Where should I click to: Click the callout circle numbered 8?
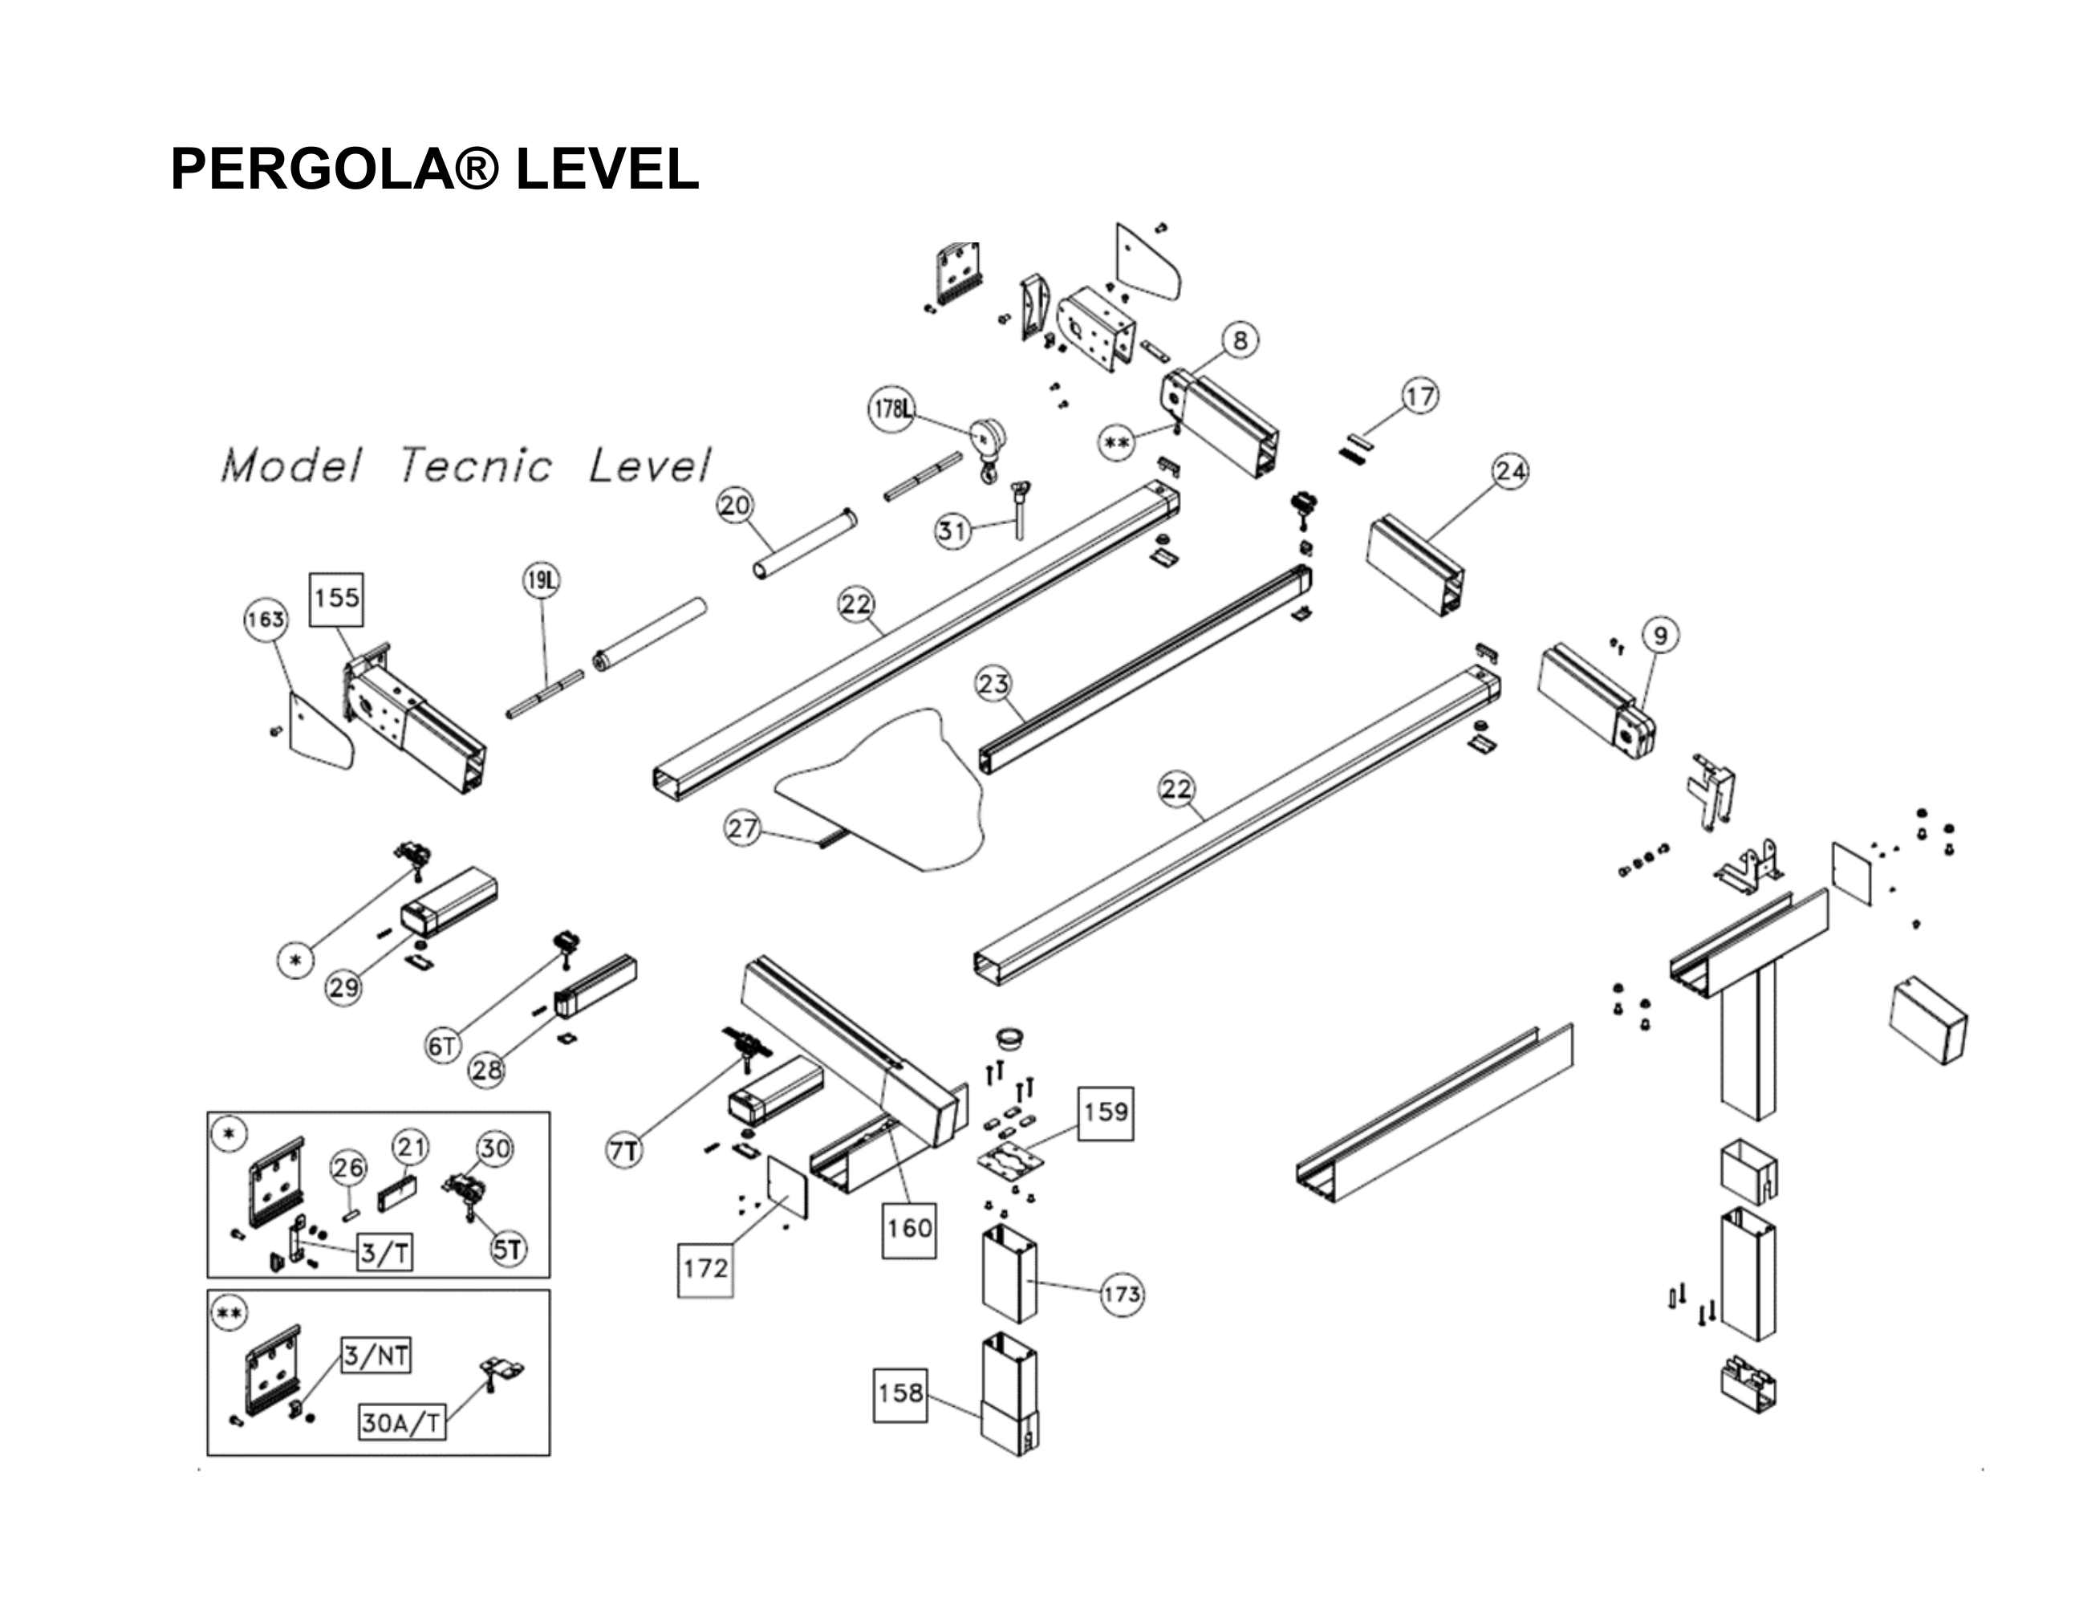(1240, 340)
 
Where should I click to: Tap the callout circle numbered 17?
(1419, 396)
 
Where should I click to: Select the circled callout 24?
(1510, 471)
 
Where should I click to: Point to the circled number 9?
(1660, 635)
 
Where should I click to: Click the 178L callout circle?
(891, 409)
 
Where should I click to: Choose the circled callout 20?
(734, 506)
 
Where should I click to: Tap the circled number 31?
(952, 531)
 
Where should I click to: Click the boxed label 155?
(337, 599)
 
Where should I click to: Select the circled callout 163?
(265, 620)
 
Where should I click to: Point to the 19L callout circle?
(542, 580)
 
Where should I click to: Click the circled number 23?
(993, 684)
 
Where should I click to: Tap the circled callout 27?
(742, 828)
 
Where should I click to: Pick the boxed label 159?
(1106, 1112)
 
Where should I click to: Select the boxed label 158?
(900, 1393)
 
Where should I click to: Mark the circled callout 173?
(1121, 1295)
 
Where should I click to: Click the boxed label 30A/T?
(401, 1423)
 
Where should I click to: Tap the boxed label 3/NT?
(377, 1356)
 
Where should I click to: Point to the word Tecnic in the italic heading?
(475, 466)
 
